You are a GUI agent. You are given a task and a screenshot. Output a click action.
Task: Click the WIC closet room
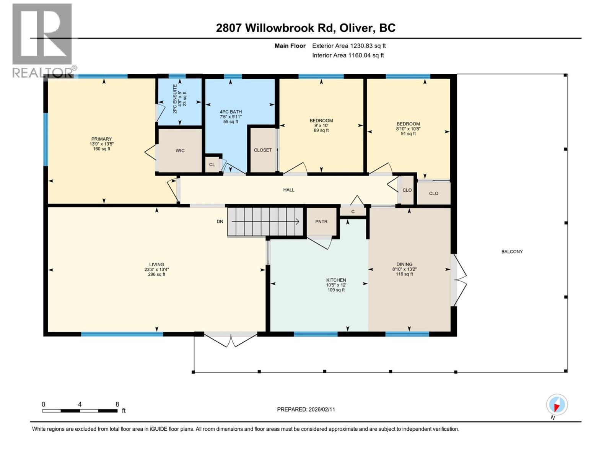(180, 151)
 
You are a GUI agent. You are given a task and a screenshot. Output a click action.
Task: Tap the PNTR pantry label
(321, 222)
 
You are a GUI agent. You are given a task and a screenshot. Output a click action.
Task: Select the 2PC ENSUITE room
(180, 102)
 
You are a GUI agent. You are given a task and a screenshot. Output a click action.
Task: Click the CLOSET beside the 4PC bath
(263, 150)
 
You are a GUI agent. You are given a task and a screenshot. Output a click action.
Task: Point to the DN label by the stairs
(220, 221)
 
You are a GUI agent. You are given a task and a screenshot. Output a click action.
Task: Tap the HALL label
(289, 190)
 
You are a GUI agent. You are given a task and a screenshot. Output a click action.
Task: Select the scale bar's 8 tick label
(117, 404)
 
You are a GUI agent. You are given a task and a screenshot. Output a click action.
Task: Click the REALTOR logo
(43, 40)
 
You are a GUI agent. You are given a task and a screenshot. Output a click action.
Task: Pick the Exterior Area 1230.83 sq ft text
(349, 46)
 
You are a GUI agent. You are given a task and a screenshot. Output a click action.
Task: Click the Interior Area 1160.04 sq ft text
(348, 55)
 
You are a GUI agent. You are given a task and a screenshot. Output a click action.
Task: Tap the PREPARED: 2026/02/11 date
(306, 409)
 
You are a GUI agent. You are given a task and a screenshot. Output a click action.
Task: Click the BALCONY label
(512, 252)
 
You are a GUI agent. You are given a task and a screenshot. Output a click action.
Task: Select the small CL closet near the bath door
(212, 165)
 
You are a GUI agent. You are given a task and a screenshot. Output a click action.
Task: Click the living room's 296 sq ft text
(156, 274)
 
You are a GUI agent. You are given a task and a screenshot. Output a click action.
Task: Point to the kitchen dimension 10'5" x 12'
(336, 285)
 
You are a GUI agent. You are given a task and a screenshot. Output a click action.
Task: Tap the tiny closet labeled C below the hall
(353, 212)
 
